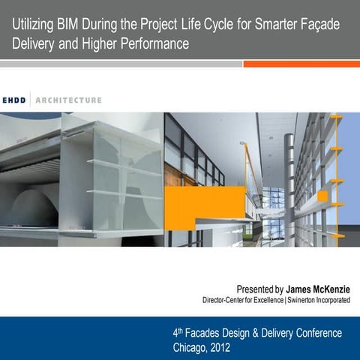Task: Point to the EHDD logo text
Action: (15, 100)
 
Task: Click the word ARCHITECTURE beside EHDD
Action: (69, 100)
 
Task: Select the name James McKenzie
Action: (317, 289)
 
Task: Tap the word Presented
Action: (254, 289)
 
